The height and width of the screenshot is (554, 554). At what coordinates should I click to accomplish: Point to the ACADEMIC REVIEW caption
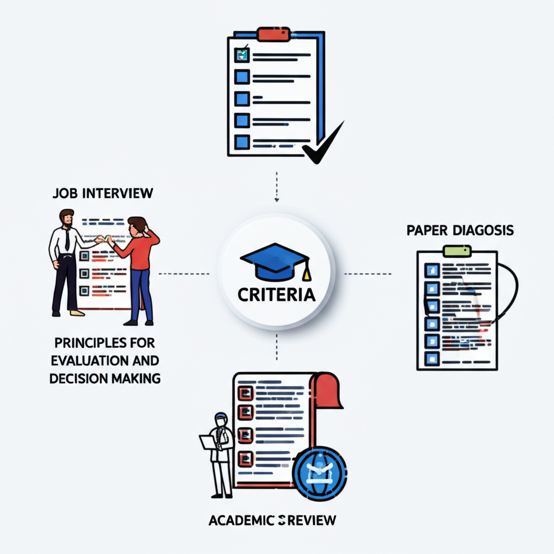point(272,520)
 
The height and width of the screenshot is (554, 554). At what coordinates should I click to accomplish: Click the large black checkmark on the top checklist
point(323,143)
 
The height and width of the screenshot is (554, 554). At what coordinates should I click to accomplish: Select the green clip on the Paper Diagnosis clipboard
point(457,250)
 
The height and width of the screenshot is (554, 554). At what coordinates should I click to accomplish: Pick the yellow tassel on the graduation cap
point(307,274)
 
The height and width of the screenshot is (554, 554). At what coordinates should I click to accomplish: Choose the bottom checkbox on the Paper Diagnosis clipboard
point(431,358)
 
